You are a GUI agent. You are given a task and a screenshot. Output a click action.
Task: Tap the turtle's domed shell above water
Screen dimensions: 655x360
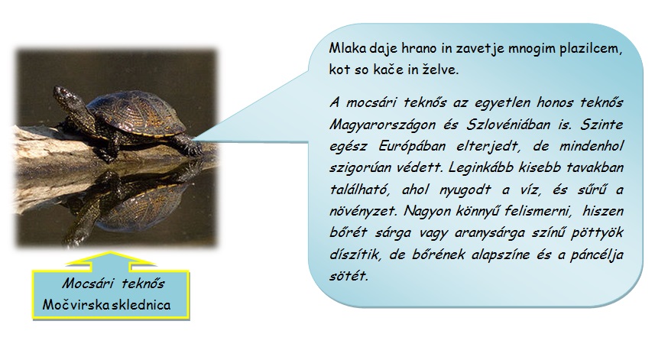(136, 114)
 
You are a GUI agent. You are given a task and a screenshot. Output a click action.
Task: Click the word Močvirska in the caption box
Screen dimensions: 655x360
(71, 304)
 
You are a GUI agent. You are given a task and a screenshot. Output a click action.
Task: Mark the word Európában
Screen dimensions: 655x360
(412, 147)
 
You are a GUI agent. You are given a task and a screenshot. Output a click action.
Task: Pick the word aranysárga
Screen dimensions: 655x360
(489, 233)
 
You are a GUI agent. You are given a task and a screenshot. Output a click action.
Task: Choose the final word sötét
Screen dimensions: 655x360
(349, 277)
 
